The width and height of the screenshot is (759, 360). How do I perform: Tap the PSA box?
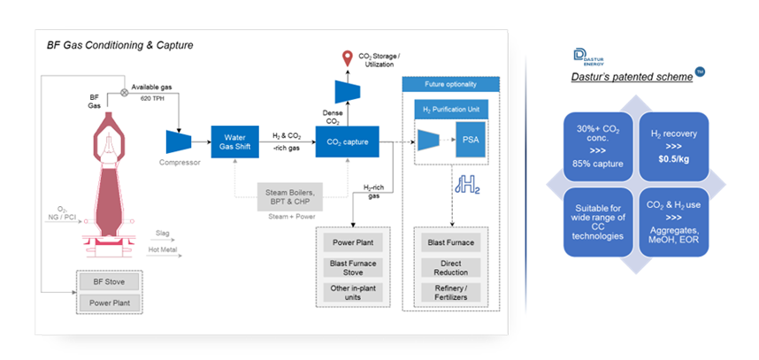472,140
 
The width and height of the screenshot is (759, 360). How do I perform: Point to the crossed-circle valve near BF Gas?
123,90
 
